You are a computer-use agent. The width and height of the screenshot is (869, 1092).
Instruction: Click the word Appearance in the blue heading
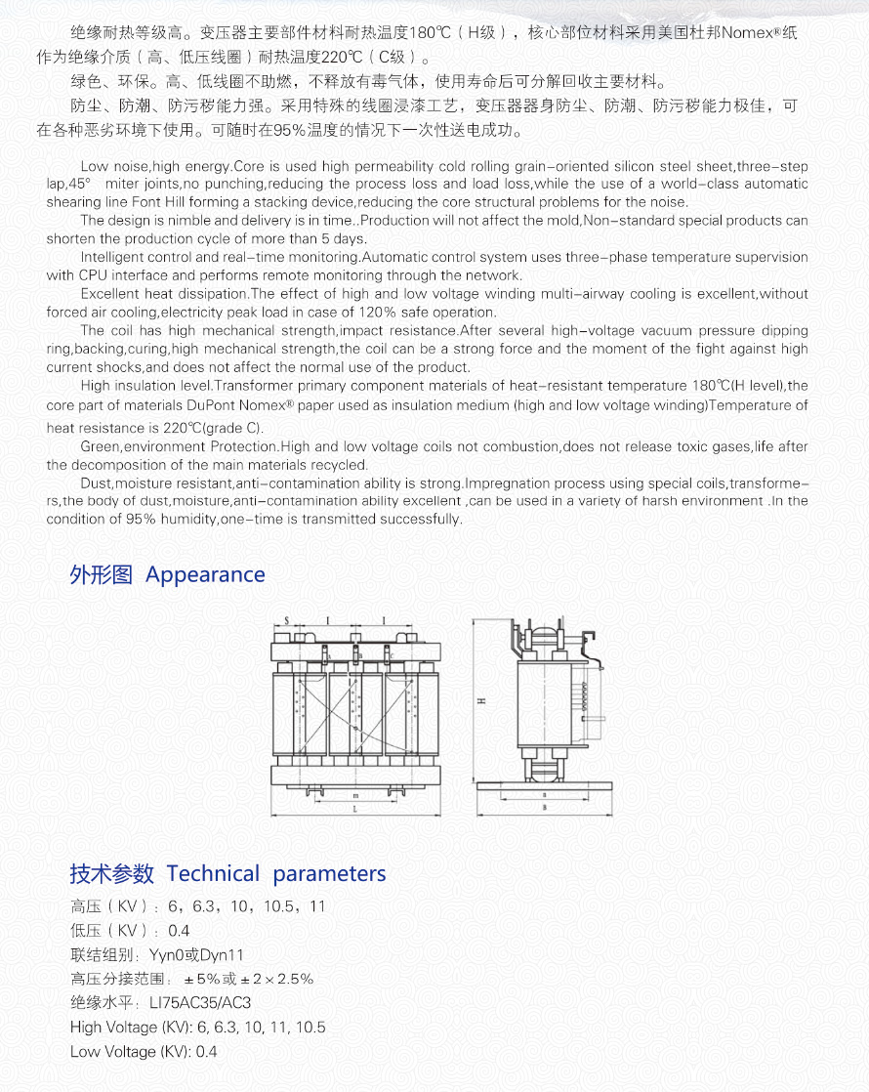[205, 574]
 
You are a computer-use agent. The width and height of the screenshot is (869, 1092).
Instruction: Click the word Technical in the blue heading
[213, 873]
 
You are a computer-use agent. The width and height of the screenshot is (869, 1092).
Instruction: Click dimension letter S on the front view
[286, 619]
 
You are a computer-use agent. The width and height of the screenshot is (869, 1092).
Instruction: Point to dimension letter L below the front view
[354, 810]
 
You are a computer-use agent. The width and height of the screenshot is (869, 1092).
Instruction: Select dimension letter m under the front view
[354, 796]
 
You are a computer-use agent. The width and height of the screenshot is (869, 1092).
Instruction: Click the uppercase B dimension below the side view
[543, 810]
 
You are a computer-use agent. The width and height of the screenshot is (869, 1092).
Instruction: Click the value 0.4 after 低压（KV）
[179, 931]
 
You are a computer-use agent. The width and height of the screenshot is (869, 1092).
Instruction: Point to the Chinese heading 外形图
[101, 574]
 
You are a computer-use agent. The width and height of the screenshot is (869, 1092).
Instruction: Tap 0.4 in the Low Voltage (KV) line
[206, 1052]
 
